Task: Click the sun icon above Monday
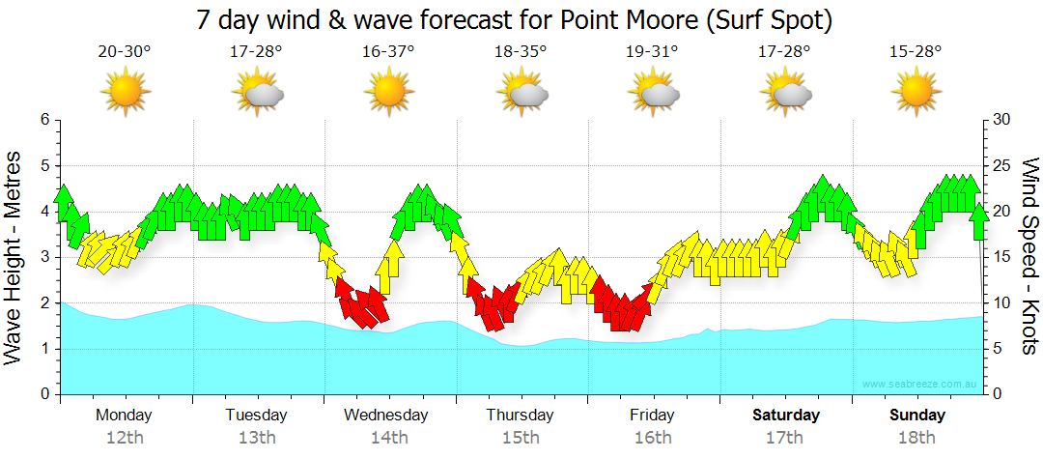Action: (126, 92)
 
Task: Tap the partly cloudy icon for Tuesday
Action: (258, 92)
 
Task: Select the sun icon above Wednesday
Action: (389, 92)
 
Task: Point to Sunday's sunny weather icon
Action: (916, 92)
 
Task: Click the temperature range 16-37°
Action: (389, 51)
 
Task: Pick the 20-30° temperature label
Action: (125, 51)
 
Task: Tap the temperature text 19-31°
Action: (652, 51)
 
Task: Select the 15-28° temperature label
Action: (916, 51)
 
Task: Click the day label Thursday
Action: (520, 416)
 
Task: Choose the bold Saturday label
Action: (785, 416)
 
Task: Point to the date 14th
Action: (388, 438)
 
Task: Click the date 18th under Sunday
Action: (916, 438)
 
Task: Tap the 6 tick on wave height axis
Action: (43, 120)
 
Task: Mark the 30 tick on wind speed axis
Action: (1001, 120)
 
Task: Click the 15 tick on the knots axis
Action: (1001, 257)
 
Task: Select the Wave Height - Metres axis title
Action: (14, 258)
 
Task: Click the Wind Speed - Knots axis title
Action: (1029, 256)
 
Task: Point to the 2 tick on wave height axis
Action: (43, 303)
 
